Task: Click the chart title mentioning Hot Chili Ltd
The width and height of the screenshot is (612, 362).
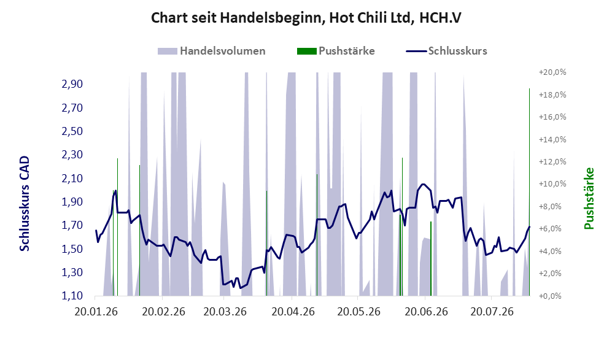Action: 306,18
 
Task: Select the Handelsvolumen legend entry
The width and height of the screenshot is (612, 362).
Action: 212,51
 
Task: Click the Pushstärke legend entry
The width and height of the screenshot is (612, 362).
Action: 336,51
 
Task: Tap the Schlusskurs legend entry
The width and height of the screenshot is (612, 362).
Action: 446,51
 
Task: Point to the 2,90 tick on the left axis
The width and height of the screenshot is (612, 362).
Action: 72,84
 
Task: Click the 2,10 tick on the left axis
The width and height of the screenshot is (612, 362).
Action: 72,179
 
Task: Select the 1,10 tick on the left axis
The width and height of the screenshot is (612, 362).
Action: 72,296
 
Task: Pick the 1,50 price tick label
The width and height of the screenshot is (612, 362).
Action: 72,249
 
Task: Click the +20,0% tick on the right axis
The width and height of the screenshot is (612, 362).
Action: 552,72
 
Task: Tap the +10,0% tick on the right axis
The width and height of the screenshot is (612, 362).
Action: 552,183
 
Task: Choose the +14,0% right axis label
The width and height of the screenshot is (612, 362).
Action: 552,139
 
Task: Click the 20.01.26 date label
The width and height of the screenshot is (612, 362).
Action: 96,312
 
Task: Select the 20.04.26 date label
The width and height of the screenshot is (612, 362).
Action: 293,312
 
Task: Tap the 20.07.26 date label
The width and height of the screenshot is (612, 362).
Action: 492,312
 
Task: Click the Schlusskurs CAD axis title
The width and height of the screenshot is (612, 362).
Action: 25,204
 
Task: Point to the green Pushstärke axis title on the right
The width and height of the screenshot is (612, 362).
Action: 589,199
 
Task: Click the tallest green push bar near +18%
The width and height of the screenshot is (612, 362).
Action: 529,192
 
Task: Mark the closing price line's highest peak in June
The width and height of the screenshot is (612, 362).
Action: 423,184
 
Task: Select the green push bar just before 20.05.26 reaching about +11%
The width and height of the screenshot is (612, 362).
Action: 317,235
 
